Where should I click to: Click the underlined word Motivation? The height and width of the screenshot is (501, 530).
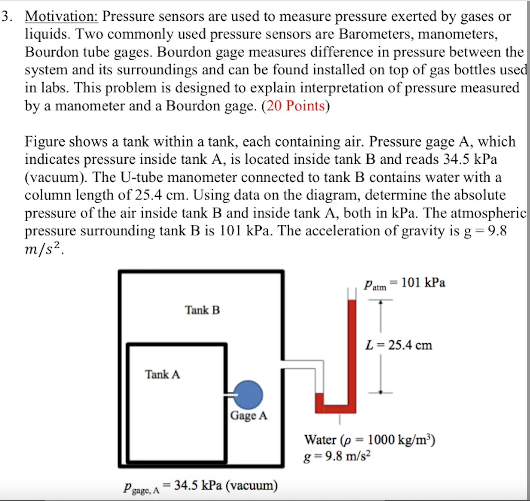point(61,16)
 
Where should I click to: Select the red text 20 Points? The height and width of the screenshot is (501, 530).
point(295,106)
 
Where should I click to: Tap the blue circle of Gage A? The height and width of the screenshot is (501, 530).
point(248,395)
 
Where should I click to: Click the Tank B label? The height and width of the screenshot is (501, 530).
point(202,310)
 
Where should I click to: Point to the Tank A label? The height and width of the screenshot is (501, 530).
point(162,374)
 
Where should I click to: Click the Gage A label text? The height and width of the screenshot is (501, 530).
point(249,416)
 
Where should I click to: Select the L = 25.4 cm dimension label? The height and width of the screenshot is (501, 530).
point(399,345)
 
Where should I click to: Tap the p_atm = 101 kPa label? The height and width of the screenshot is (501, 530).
point(405,283)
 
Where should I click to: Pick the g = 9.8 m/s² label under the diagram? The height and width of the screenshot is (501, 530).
point(337,456)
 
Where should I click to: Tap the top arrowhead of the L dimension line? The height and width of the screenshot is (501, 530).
point(381,302)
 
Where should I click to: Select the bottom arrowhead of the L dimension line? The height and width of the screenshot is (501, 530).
point(381,391)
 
